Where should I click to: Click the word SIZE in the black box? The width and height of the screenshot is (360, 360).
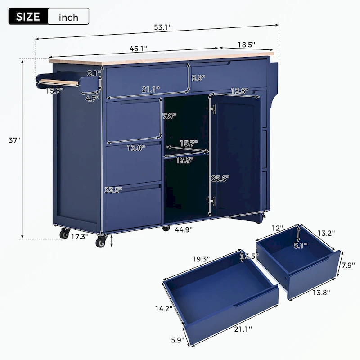point(27,17)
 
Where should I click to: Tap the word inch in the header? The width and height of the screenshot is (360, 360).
point(68,18)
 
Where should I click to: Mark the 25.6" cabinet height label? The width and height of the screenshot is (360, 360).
point(220,178)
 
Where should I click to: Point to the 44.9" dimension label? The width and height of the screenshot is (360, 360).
point(184,229)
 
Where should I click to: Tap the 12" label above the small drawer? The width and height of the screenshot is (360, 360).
point(277,228)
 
